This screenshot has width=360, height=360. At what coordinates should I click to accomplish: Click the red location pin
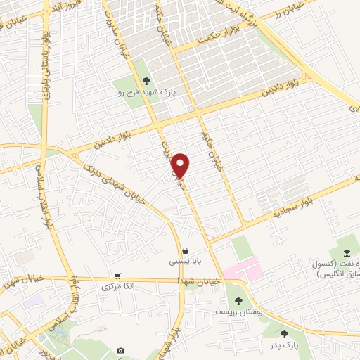tap(181, 165)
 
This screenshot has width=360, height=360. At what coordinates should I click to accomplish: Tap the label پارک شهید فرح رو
tap(146, 91)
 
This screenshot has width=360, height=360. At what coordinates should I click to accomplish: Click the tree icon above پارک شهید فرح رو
tap(146, 82)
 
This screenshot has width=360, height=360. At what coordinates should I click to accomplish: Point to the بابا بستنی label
tap(184, 261)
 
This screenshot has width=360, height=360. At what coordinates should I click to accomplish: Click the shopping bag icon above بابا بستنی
tap(184, 250)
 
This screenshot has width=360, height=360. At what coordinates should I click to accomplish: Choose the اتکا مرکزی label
tap(117, 286)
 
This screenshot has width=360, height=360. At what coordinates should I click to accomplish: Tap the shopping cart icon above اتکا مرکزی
tap(117, 276)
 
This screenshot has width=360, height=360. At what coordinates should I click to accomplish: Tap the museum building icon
tap(345, 254)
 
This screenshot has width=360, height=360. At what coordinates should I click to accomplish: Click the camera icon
tap(120, 350)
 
